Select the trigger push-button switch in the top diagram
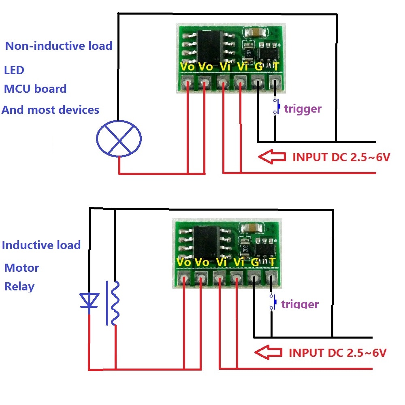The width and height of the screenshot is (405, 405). click(x=276, y=107)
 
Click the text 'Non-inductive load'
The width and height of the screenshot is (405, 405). click(x=59, y=45)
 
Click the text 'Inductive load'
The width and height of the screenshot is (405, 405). click(x=41, y=245)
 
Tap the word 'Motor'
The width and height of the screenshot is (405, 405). click(x=22, y=268)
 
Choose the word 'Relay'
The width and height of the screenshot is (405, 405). click(x=19, y=286)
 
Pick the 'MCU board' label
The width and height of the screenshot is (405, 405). click(x=35, y=89)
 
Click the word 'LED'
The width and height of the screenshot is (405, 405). click(x=14, y=70)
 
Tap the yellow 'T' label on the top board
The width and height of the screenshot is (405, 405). click(x=275, y=66)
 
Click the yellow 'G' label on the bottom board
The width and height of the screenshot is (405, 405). click(x=255, y=262)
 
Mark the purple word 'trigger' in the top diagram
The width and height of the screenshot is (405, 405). click(x=303, y=109)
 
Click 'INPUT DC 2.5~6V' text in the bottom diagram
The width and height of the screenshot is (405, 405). click(x=337, y=352)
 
